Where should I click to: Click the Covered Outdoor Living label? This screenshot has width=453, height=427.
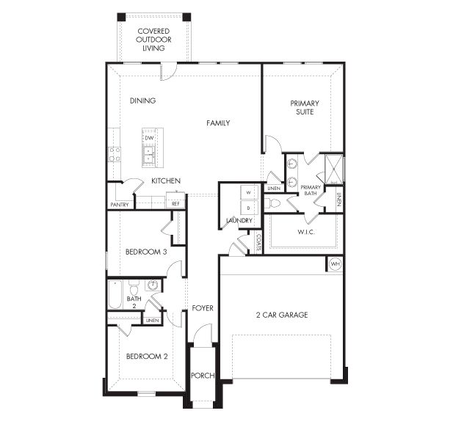[155, 40]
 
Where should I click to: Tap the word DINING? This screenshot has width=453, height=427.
[142, 101]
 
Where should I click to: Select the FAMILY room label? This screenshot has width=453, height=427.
[218, 123]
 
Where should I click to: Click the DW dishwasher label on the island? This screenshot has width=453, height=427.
[149, 138]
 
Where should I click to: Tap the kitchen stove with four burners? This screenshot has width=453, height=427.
[115, 154]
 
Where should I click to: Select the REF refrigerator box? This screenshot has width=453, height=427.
[176, 204]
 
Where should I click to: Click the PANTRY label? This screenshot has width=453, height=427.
[120, 205]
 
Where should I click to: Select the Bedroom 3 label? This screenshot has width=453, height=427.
[146, 252]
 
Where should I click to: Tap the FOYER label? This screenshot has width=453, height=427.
[203, 308]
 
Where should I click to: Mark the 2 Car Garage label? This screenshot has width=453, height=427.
[281, 315]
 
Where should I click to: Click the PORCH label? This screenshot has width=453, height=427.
[202, 376]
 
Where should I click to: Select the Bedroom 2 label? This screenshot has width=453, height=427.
[146, 357]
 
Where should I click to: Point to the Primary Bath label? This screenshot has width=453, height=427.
[311, 191]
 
